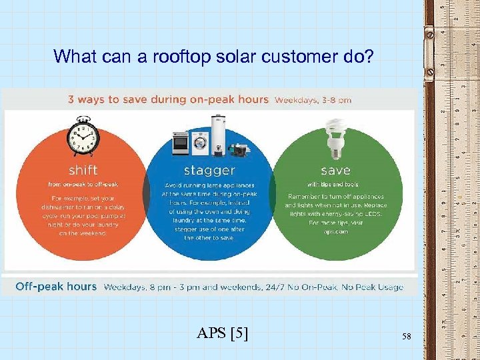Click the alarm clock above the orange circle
(83, 136)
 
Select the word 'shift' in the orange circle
(82, 170)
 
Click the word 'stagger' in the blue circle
(209, 170)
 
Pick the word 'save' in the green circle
(335, 170)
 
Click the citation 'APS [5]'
(223, 333)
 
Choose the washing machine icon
(201, 145)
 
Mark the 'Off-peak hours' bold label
(56, 287)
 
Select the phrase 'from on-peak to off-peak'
(82, 184)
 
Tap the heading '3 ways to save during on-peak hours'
(169, 100)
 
